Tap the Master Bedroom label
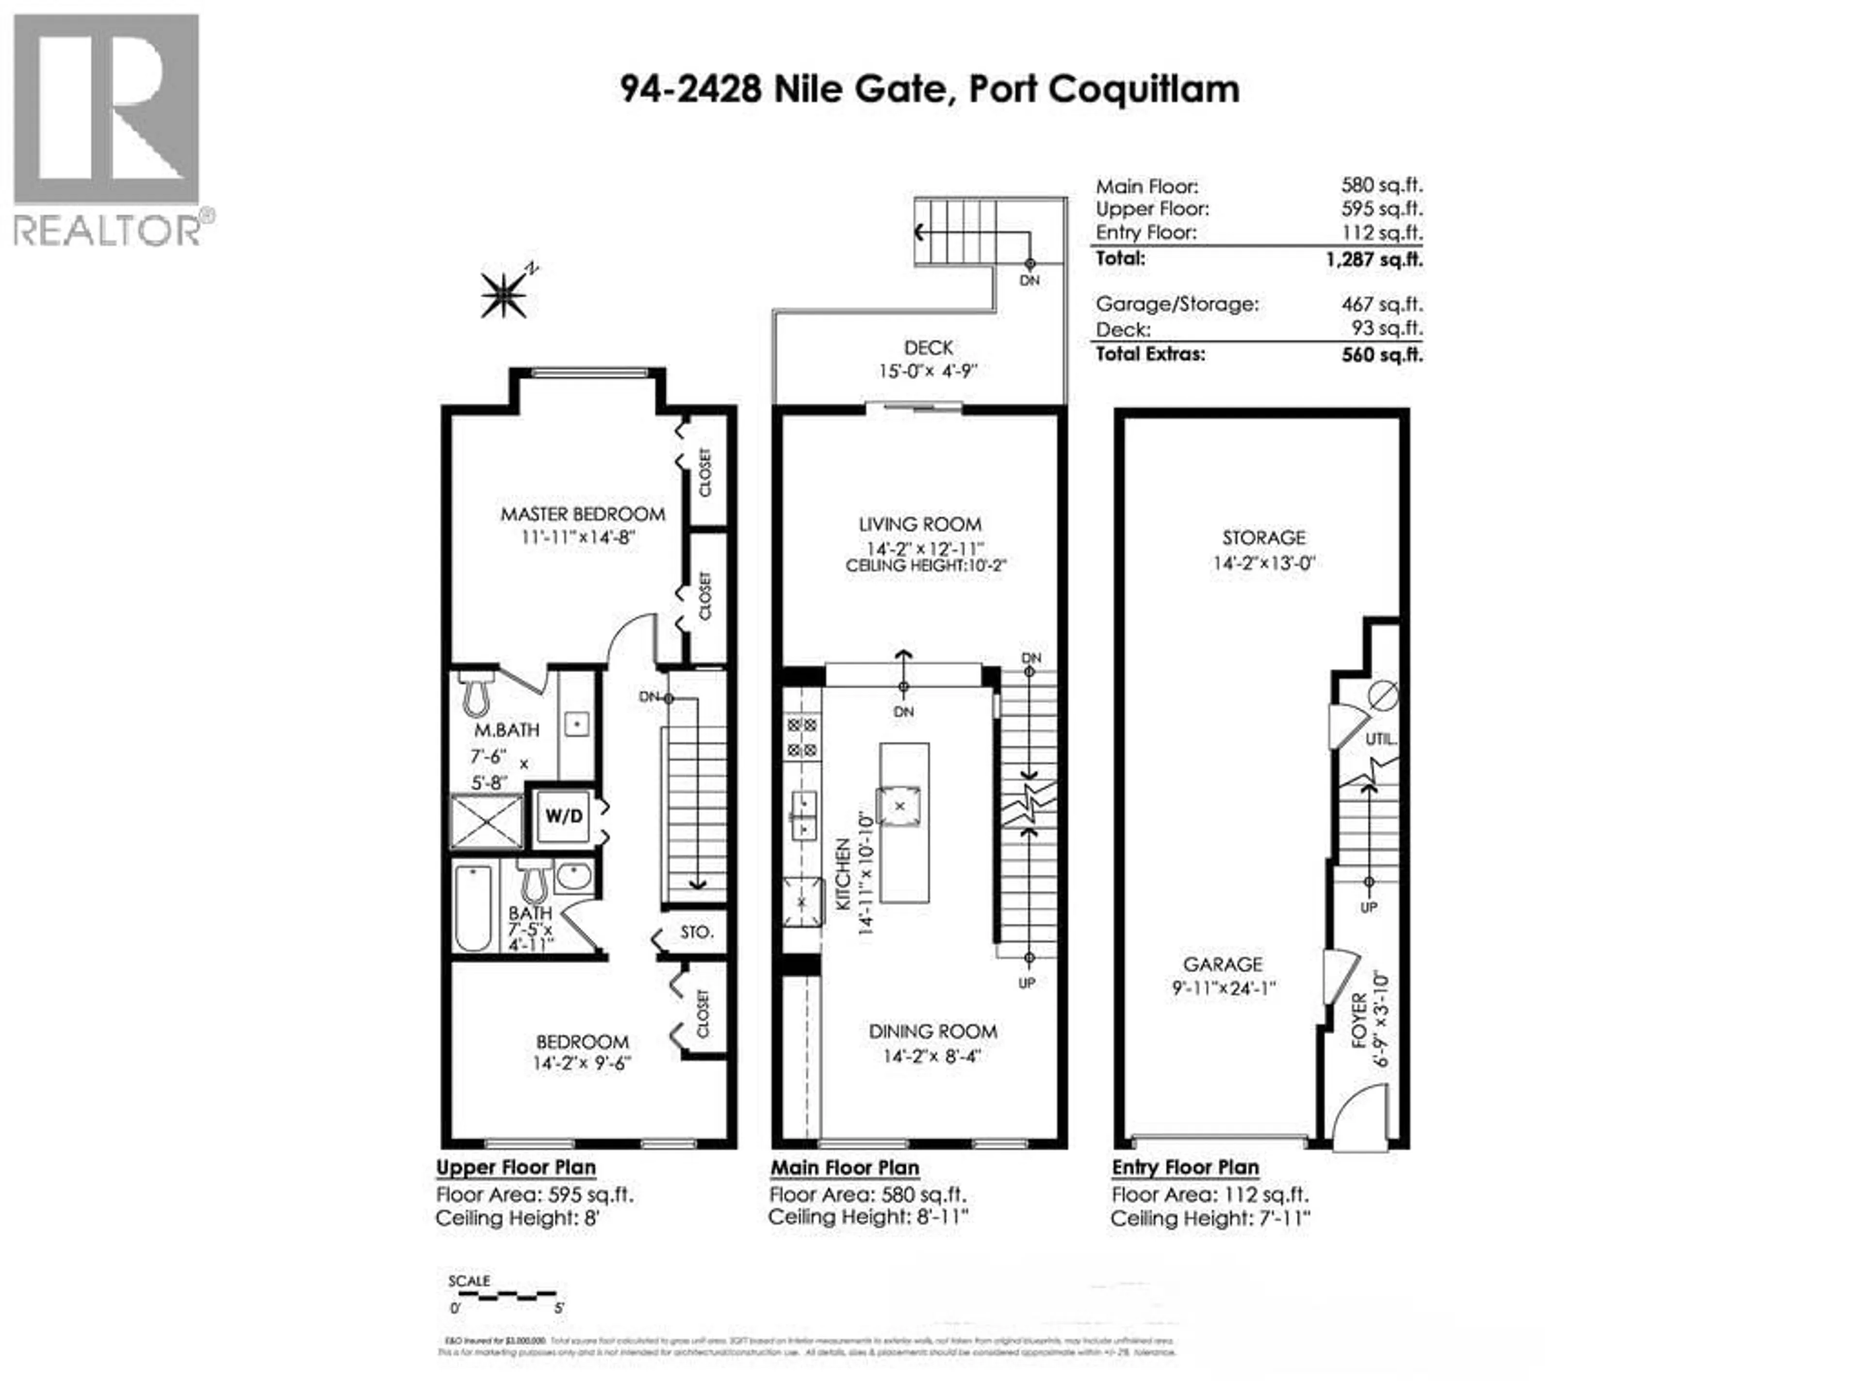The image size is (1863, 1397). pos(583,514)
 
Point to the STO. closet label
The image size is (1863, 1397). pos(697,932)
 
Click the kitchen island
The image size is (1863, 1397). pos(904,821)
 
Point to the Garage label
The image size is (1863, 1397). pos(1223,964)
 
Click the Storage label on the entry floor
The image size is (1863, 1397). pos(1263,537)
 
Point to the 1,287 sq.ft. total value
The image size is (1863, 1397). pos(1373,260)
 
